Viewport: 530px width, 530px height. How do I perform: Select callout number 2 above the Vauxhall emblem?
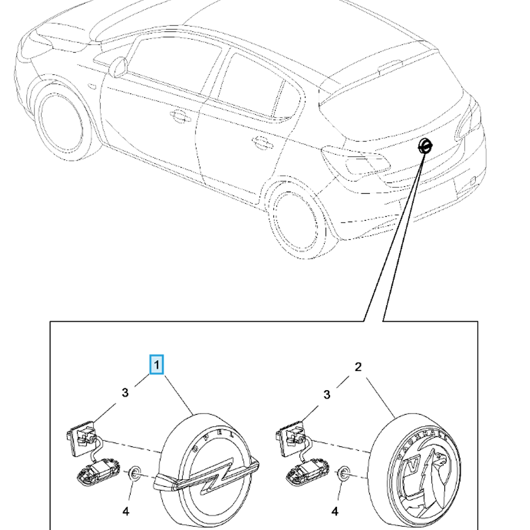358,367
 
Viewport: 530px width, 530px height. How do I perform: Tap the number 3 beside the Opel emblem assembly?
125,393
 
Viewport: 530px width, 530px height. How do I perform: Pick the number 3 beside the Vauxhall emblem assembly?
327,394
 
